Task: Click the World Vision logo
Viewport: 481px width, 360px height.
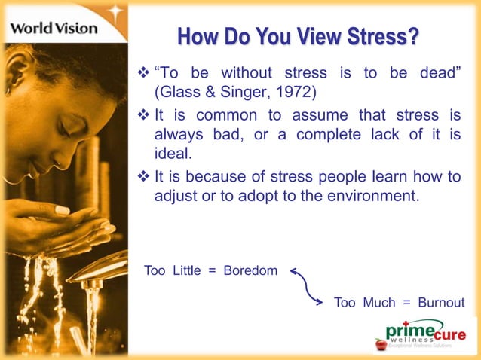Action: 54,28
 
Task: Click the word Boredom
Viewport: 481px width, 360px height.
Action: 251,270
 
